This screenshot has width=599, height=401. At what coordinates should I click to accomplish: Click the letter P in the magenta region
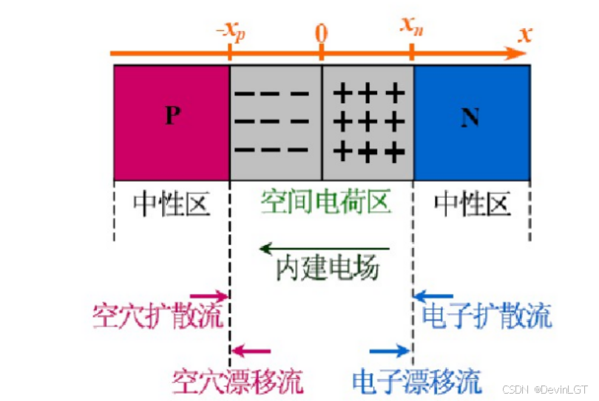[x=172, y=116]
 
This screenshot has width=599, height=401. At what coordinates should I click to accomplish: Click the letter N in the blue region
[x=470, y=117]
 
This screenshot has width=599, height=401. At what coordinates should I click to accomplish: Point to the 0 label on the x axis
[x=321, y=33]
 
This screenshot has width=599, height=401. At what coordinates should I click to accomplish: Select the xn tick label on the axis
[x=412, y=28]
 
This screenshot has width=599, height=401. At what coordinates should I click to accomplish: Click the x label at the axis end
[x=525, y=33]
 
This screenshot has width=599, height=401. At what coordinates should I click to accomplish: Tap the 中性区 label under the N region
[x=472, y=203]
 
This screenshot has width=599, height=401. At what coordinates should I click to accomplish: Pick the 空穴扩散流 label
[x=158, y=315]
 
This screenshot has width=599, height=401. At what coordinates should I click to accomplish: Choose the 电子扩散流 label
[x=487, y=315]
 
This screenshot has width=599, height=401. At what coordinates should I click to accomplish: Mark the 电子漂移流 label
[x=416, y=381]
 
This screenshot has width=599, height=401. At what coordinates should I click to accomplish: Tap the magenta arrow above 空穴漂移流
[x=251, y=352]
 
